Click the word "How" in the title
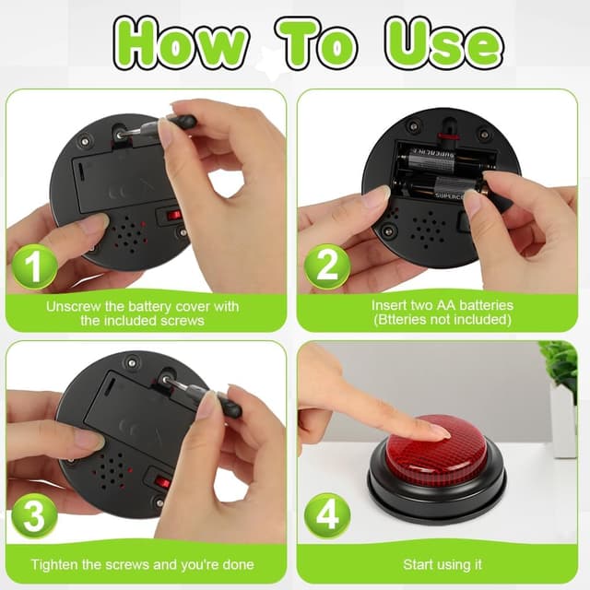(180, 43)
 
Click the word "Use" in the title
(443, 43)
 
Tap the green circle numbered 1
(34, 266)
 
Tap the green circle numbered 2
(326, 266)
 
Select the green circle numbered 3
(34, 515)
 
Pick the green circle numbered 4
(326, 515)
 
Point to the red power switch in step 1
(174, 216)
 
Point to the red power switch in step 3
(162, 481)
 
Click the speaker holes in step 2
(428, 230)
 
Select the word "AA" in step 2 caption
(446, 305)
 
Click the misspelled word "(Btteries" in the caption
(402, 320)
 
